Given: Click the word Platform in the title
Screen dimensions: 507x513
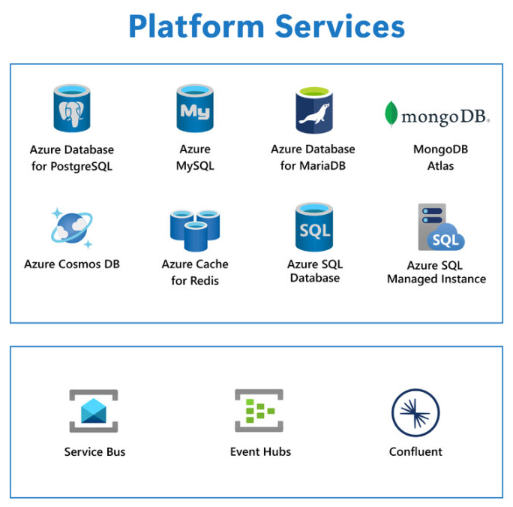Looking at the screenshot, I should click(x=196, y=26).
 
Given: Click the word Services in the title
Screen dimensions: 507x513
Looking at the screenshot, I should click(x=340, y=26).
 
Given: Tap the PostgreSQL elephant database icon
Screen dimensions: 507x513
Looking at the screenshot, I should click(x=72, y=109).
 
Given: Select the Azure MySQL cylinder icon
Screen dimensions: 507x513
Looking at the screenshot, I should click(x=195, y=108).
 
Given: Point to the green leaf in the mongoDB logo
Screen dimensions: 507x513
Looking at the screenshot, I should click(x=391, y=114).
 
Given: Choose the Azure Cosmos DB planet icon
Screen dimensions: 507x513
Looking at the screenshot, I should click(x=71, y=228).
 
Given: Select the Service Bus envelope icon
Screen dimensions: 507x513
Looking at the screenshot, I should click(x=94, y=411).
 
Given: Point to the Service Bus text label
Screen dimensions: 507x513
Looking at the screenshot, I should click(x=94, y=451).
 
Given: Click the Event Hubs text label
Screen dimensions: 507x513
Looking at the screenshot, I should click(x=260, y=451).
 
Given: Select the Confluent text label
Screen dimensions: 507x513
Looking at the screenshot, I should click(x=415, y=451).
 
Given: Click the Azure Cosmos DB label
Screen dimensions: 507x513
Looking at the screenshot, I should click(x=71, y=264).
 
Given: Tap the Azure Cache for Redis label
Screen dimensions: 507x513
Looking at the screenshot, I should click(x=195, y=272).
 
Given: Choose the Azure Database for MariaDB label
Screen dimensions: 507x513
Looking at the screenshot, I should click(x=313, y=157).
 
